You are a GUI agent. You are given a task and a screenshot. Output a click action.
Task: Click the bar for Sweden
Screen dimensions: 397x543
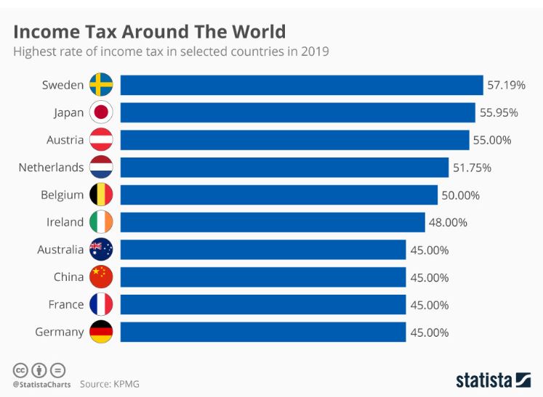click(x=301, y=85)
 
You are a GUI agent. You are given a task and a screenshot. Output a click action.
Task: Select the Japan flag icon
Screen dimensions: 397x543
click(x=101, y=112)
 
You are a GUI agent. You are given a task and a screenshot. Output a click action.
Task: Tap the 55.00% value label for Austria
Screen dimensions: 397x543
click(x=492, y=140)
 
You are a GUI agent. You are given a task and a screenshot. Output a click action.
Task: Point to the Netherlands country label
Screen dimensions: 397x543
click(x=51, y=168)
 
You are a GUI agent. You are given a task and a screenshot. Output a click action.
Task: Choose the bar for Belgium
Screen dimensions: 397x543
click(x=278, y=195)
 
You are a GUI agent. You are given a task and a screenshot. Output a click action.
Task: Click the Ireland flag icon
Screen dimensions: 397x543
click(x=101, y=222)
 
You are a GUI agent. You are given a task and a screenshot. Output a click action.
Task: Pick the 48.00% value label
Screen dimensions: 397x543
click(x=448, y=223)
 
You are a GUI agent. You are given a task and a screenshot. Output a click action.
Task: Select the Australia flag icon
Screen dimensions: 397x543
click(x=101, y=250)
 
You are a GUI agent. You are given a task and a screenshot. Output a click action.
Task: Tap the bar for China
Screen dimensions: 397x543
click(x=262, y=277)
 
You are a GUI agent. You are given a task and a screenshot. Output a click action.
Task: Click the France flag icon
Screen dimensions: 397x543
click(x=101, y=305)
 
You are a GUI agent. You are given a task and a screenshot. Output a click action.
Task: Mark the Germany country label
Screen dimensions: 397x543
click(x=59, y=332)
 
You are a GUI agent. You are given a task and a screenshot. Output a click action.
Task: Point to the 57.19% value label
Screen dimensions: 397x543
click(x=506, y=85)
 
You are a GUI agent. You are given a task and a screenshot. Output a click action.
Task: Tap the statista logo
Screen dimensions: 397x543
click(x=493, y=380)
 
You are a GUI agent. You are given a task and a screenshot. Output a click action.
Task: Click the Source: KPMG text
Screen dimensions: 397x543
click(x=110, y=384)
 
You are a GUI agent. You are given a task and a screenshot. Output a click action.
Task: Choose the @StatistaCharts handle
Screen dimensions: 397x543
click(x=41, y=384)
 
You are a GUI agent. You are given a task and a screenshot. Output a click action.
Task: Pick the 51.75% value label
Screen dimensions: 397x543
click(x=472, y=168)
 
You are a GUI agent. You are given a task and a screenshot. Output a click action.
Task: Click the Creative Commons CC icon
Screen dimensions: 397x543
click(x=20, y=369)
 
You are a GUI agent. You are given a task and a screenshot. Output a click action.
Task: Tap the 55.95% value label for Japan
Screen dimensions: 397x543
click(x=498, y=112)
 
